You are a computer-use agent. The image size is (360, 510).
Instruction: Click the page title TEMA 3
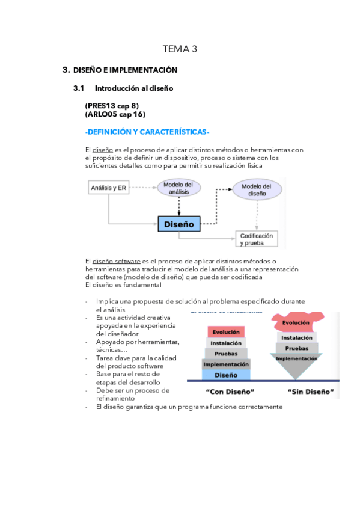pyautogui.click(x=180, y=49)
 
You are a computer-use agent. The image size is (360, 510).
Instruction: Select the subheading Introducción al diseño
pyautogui.click(x=133, y=88)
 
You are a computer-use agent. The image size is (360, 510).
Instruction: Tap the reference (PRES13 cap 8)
pyautogui.click(x=112, y=106)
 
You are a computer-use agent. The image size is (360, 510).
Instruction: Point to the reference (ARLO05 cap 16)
pyautogui.click(x=115, y=114)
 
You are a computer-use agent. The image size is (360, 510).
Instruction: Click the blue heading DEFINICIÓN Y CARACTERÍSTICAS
pyautogui.click(x=147, y=132)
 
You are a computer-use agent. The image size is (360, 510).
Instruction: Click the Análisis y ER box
pyautogui.click(x=108, y=188)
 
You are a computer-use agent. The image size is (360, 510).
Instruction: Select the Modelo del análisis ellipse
pyautogui.click(x=179, y=188)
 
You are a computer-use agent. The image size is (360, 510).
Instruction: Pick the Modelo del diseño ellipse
pyautogui.click(x=256, y=190)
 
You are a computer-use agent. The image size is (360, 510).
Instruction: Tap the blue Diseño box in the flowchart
pyautogui.click(x=179, y=224)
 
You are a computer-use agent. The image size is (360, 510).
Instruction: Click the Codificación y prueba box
pyautogui.click(x=256, y=239)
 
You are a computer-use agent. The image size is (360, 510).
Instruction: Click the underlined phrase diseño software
pyautogui.click(x=116, y=261)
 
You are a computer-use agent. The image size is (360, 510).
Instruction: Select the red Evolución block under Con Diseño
pyautogui.click(x=226, y=331)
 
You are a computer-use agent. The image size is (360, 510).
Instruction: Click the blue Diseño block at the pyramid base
pyautogui.click(x=226, y=375)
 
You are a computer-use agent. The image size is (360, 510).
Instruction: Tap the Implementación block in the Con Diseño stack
pyautogui.click(x=226, y=364)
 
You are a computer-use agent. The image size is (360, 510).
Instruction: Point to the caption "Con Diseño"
pyautogui.click(x=225, y=392)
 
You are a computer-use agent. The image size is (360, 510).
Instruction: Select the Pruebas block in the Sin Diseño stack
pyautogui.click(x=297, y=348)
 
